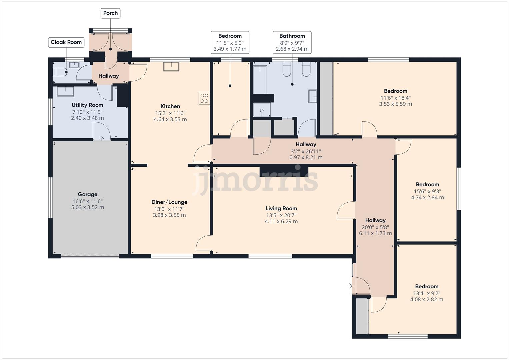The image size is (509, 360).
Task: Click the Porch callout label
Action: [x=110, y=13]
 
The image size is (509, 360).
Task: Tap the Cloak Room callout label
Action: [x=66, y=42]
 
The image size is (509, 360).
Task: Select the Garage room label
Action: [x=87, y=194]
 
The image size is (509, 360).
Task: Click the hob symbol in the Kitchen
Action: [x=204, y=98]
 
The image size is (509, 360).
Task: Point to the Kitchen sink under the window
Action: [x=171, y=66]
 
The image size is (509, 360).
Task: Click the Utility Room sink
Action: [x=65, y=91]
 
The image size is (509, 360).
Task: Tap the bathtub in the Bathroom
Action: [x=260, y=79]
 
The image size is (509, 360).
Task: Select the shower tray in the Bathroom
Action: [x=262, y=110]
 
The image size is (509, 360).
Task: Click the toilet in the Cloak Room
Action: [x=60, y=72]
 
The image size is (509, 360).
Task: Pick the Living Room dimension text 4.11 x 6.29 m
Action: [x=281, y=221]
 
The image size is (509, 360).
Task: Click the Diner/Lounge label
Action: [x=169, y=202]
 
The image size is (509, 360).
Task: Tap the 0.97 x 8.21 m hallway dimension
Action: [x=306, y=157]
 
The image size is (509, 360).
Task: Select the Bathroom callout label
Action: [x=292, y=36]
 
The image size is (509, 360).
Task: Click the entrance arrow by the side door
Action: [x=350, y=286]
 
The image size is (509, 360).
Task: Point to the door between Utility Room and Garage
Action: [x=101, y=132]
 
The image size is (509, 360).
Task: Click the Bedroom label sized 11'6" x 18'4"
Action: [x=395, y=91]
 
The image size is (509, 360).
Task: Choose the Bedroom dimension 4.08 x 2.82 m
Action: [x=426, y=299]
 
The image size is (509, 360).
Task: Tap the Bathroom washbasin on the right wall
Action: [x=312, y=96]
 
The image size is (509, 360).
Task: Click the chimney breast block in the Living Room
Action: [x=284, y=170]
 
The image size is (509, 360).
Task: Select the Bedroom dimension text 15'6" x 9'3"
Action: [x=427, y=191]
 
